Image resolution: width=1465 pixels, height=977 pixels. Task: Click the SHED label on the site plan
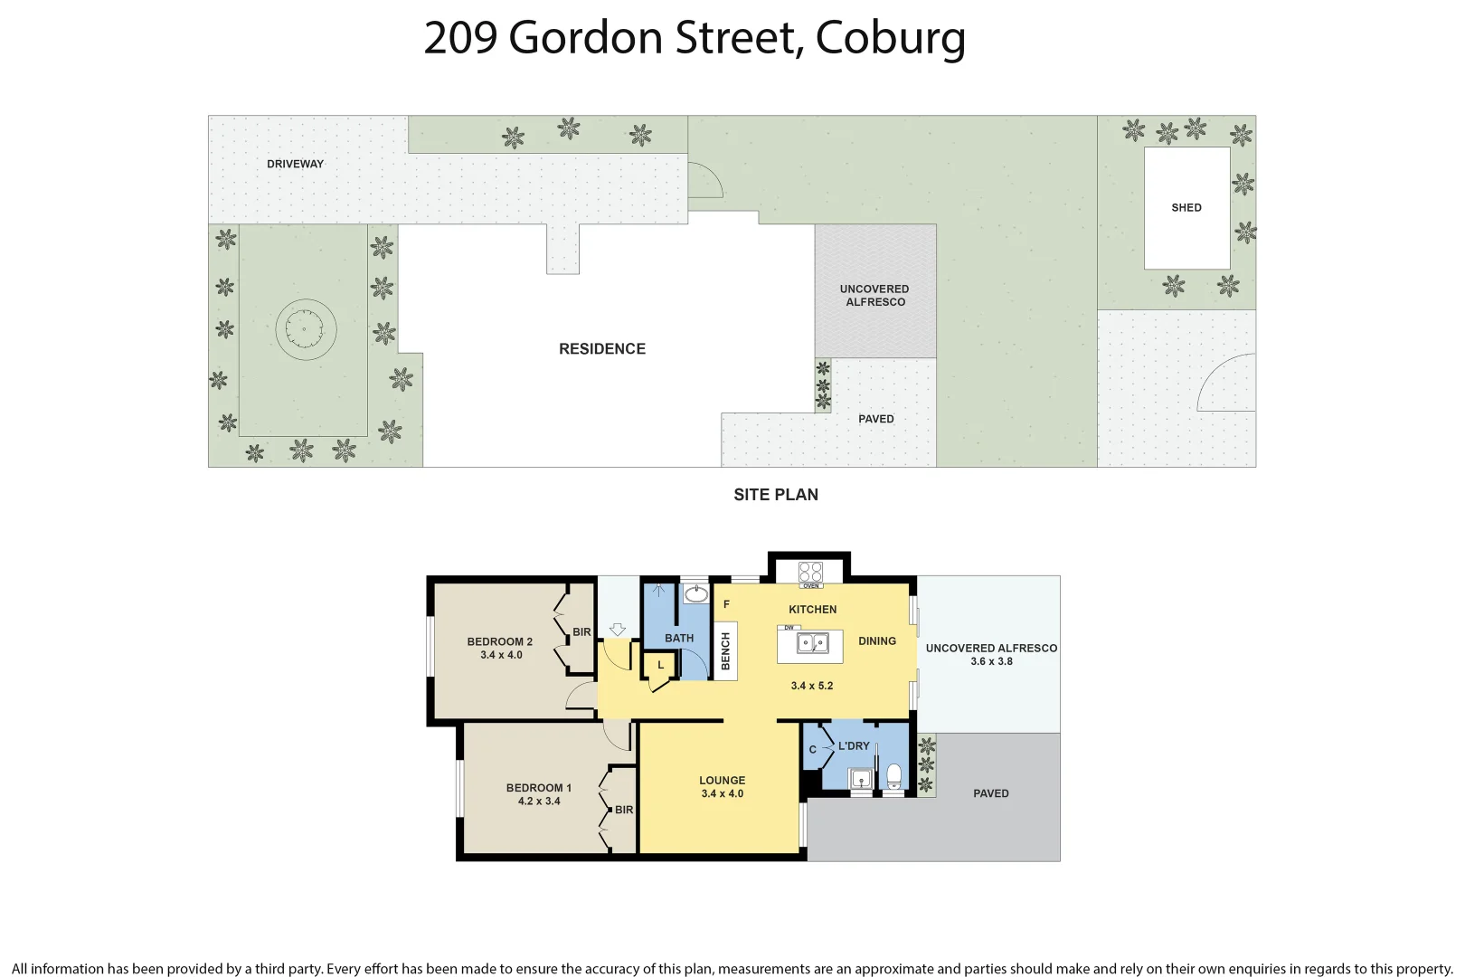pos(1186,207)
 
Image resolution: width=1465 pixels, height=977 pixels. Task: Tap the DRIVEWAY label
pos(295,164)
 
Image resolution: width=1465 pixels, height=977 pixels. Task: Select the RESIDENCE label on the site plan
pos(601,349)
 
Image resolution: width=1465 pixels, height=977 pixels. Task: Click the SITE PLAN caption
pos(775,495)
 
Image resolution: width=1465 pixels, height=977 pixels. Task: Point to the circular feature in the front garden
pos(306,329)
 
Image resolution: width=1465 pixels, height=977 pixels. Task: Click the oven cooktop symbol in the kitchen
pos(810,572)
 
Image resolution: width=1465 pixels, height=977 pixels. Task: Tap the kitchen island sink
pos(811,644)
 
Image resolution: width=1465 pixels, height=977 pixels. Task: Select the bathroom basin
pos(695,594)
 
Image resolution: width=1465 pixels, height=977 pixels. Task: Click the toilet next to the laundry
pos(893,776)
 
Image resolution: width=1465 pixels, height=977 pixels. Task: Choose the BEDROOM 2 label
pos(499,641)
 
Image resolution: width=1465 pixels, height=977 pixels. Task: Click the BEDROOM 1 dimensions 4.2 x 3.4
pos(539,802)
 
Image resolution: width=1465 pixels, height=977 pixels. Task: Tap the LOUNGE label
pos(722,780)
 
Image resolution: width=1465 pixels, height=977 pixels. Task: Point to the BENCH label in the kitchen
pos(725,651)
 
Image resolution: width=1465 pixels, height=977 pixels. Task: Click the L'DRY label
pos(854,746)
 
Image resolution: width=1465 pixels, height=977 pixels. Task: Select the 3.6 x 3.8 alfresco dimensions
pos(991,661)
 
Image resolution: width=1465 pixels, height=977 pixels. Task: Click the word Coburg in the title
pos(890,38)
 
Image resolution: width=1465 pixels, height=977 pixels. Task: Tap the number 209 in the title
pos(460,38)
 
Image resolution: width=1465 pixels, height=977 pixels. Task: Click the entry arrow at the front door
pos(618,629)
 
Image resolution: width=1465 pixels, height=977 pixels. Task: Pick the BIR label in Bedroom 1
pos(624,810)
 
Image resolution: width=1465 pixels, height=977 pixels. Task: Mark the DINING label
pos(876,640)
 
